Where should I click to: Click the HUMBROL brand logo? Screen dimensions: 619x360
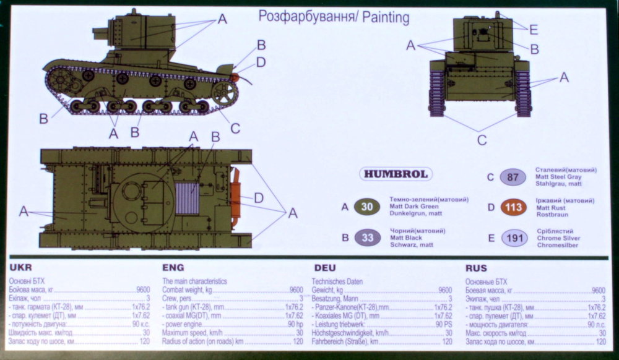point(395,174)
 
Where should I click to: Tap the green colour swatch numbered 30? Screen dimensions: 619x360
point(367,207)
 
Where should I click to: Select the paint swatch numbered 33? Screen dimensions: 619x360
point(367,237)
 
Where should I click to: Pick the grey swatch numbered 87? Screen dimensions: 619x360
point(513,177)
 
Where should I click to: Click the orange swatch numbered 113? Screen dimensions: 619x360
point(513,207)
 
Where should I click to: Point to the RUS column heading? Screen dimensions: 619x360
point(476,268)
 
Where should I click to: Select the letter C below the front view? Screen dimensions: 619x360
point(482,140)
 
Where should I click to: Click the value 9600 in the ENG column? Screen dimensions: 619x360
point(296,290)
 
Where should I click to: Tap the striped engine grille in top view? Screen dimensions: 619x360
point(187,198)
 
